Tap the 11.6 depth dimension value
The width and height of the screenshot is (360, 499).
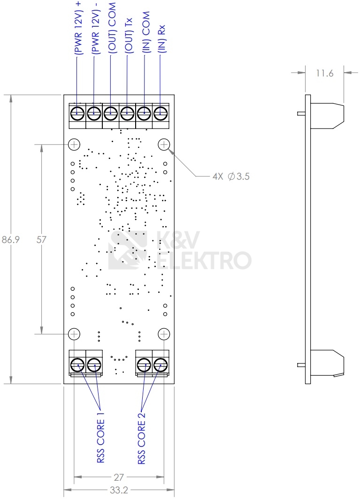tap(324, 73)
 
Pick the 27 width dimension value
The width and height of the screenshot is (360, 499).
tap(119, 477)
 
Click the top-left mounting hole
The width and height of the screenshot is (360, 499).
tap(74, 144)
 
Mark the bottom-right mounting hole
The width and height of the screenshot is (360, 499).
tap(164, 333)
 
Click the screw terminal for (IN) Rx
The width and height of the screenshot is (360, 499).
tap(161, 113)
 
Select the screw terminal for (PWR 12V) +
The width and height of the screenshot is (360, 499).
tap(77, 113)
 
